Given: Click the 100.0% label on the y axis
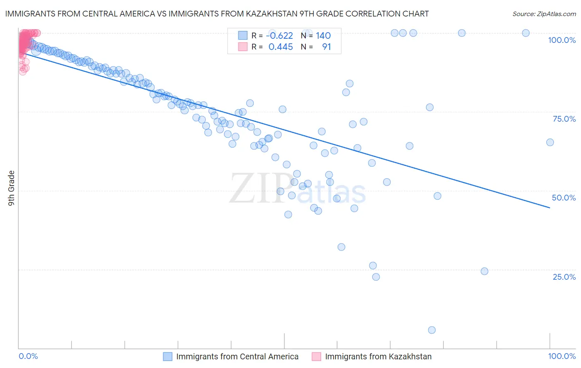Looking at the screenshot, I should [x=562, y=40].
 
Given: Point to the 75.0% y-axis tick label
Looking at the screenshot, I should [x=564, y=119].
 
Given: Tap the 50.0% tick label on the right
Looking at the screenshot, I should [x=564, y=198].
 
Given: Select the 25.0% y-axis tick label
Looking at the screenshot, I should [x=564, y=277].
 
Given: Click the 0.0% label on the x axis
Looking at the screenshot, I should [x=28, y=356].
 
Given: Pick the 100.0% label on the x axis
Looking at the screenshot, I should [x=562, y=356].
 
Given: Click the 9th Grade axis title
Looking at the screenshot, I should [x=11, y=188].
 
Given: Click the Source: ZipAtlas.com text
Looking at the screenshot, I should [x=544, y=14].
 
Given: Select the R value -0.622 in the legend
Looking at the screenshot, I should [x=279, y=35].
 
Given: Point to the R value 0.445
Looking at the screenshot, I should [x=281, y=47].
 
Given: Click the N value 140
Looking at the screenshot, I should [x=323, y=35].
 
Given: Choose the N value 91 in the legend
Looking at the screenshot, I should [x=326, y=47].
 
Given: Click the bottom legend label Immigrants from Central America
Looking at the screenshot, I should [x=237, y=356].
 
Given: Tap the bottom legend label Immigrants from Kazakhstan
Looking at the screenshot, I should [x=378, y=356].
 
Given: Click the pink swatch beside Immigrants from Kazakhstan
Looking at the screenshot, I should [x=317, y=356].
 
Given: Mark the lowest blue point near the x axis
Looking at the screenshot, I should [x=432, y=330].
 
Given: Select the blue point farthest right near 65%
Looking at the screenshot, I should [x=550, y=142].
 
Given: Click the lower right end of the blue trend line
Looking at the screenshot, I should [x=550, y=208].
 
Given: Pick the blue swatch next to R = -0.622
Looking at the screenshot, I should [x=243, y=35].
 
